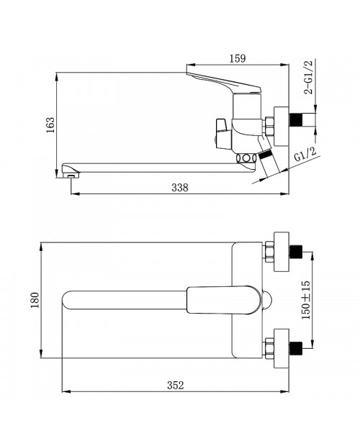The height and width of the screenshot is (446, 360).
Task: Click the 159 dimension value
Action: (238, 58)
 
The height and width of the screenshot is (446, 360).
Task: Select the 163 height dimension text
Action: (50, 124)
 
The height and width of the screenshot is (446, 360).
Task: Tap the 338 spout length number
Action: (180, 188)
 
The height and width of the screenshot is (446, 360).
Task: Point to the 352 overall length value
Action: (175, 385)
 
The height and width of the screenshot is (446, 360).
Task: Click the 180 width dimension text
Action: (35, 300)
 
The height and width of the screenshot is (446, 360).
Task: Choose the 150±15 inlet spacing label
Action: (306, 300)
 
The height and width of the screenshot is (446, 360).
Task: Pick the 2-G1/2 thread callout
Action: (308, 77)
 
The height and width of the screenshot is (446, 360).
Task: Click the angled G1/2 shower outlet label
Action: (305, 155)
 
